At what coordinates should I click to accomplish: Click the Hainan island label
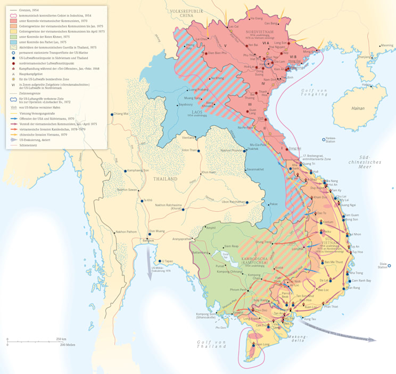(x=358, y=108)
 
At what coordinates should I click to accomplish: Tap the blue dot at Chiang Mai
(x=112, y=114)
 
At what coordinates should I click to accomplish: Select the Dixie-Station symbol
(x=389, y=266)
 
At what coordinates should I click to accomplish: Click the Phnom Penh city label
(x=237, y=290)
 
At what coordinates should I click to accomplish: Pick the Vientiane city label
(x=188, y=138)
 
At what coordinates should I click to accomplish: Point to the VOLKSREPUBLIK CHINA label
(x=180, y=13)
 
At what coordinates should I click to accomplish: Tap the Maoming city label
(x=386, y=45)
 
